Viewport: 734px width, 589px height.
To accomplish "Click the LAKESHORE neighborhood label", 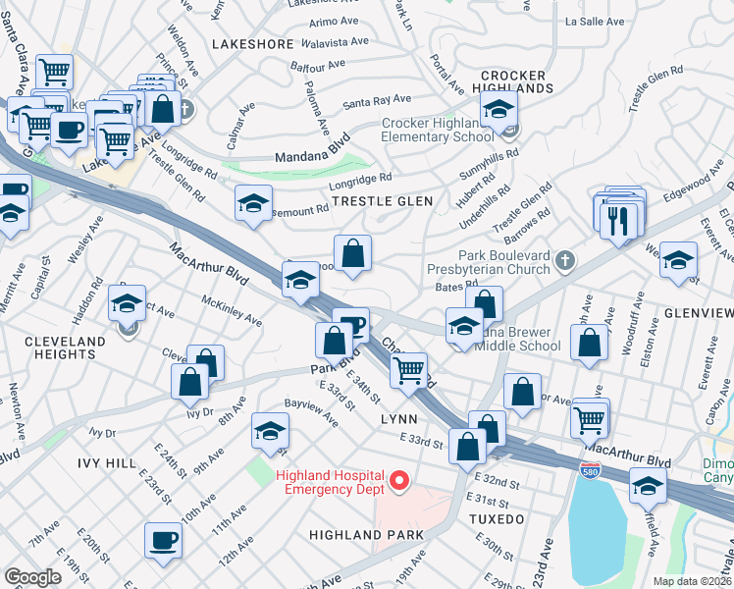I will click(x=252, y=44).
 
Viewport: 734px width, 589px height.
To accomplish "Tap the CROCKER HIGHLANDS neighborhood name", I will click(x=512, y=81).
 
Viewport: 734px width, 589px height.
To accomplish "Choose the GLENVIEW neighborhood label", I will click(x=697, y=312).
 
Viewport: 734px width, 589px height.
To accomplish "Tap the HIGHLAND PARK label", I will click(x=365, y=535).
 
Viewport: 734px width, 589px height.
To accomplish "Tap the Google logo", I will click(x=32, y=576).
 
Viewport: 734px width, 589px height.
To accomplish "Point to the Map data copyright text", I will click(x=693, y=581).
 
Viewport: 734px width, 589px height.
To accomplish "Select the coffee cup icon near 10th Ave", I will click(x=163, y=539).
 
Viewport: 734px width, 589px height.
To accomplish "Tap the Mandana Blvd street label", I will click(x=297, y=155).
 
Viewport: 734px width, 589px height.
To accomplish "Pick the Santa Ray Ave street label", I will click(x=376, y=101).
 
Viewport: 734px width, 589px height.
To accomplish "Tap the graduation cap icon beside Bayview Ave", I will click(x=270, y=430).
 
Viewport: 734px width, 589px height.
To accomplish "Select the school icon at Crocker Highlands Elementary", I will click(x=499, y=111).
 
